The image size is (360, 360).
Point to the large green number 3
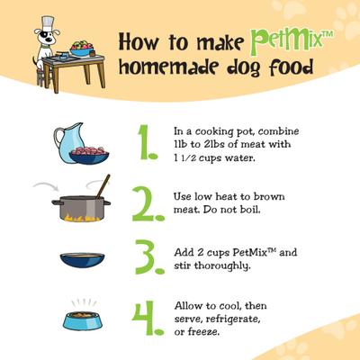pyautogui.click(x=146, y=258)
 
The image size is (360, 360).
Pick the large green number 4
pyautogui.click(x=147, y=316)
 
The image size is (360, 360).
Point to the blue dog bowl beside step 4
pyautogui.click(x=82, y=319)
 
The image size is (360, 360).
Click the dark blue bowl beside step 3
pyautogui.click(x=82, y=260)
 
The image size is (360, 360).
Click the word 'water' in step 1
pyautogui.click(x=255, y=158)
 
